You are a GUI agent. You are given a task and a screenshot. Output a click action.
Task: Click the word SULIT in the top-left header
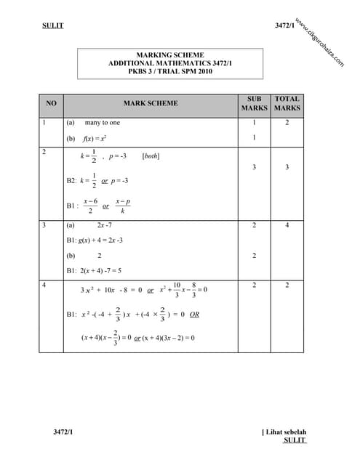(53, 26)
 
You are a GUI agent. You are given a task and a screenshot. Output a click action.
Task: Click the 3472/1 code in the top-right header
(284, 26)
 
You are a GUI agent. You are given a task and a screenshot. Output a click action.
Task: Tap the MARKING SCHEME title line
(170, 55)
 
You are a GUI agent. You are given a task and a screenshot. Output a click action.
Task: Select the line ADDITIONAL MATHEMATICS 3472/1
(169, 64)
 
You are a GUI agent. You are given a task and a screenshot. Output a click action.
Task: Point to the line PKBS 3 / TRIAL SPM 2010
(169, 73)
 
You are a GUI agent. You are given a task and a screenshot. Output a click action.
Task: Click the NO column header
(51, 104)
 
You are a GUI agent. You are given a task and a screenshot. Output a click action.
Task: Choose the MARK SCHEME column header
(151, 104)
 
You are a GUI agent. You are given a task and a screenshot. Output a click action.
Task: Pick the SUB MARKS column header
(254, 103)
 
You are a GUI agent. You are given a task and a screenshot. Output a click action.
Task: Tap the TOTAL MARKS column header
(287, 103)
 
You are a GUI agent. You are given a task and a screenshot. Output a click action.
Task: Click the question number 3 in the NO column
(44, 226)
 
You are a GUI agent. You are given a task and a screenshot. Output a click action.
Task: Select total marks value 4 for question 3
(287, 226)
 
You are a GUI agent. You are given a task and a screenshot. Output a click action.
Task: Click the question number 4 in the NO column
(44, 286)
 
